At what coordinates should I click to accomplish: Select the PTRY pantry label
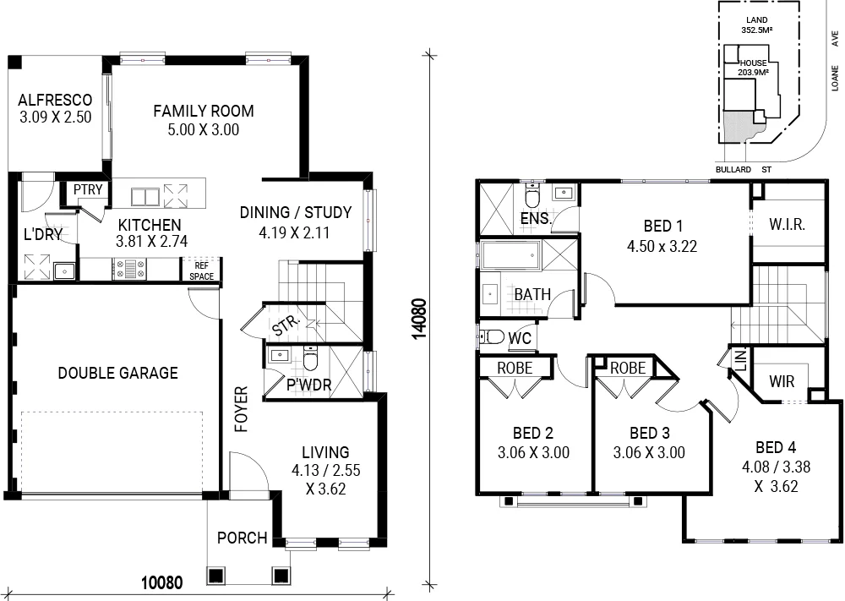coord(87,190)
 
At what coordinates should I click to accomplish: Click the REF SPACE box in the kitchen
coord(201,270)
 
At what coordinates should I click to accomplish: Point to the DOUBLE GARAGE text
coord(117,373)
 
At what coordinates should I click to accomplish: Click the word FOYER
coord(240,410)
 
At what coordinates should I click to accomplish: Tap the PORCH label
coord(242,538)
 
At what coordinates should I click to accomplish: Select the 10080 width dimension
coord(161,582)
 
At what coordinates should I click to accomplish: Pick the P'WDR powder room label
coord(308,386)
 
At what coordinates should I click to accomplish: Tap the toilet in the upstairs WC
coord(491,338)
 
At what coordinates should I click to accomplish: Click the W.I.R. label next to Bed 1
coord(787,226)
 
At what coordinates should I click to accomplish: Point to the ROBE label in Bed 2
coord(514,369)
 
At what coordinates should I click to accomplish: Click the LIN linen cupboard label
coord(740,359)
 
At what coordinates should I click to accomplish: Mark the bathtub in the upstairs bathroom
coord(509,254)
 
